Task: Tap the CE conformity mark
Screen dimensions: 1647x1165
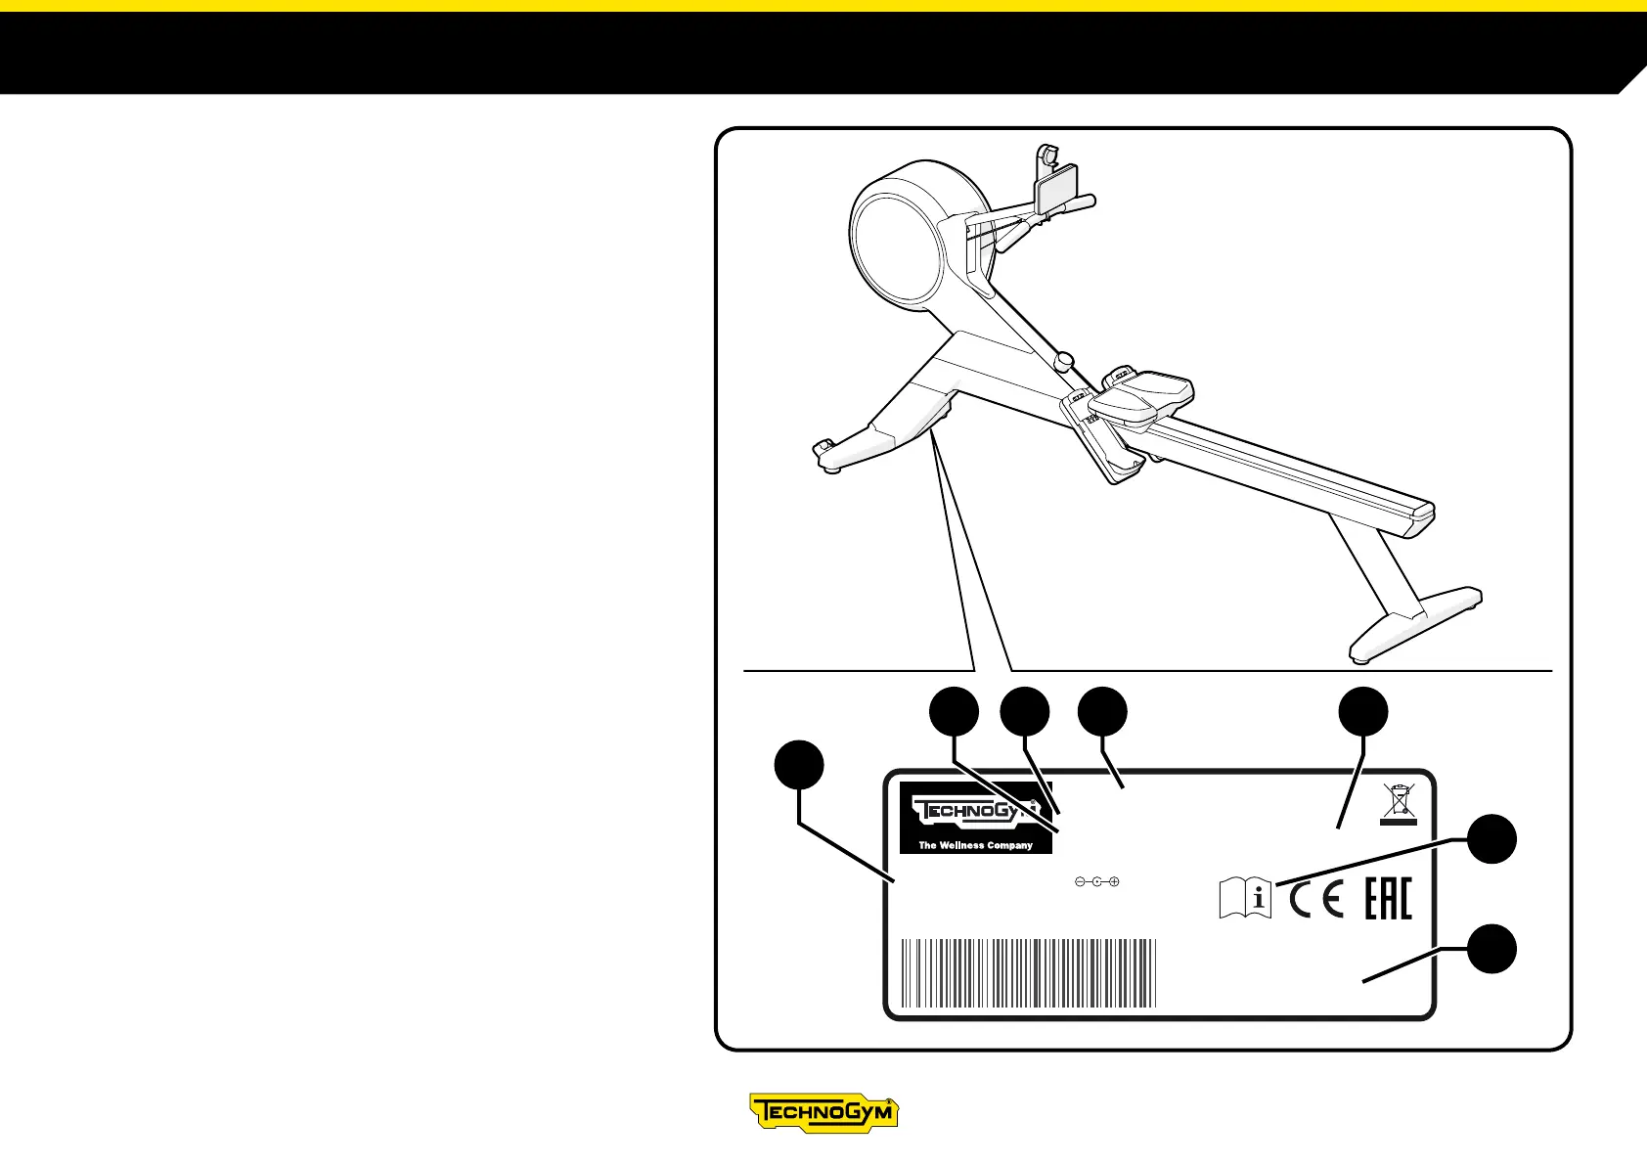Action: point(1316,899)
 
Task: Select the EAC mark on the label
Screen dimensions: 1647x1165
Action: point(1388,899)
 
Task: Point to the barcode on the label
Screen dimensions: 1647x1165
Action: point(1028,973)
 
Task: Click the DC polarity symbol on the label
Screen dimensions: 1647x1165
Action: point(1096,882)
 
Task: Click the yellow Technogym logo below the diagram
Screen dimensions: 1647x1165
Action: point(823,1112)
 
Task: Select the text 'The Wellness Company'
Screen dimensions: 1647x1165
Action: point(975,845)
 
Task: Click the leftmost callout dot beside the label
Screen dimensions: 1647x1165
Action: point(799,765)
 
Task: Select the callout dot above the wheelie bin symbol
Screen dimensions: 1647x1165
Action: point(1363,711)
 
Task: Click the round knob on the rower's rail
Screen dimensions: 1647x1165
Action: point(1064,362)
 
